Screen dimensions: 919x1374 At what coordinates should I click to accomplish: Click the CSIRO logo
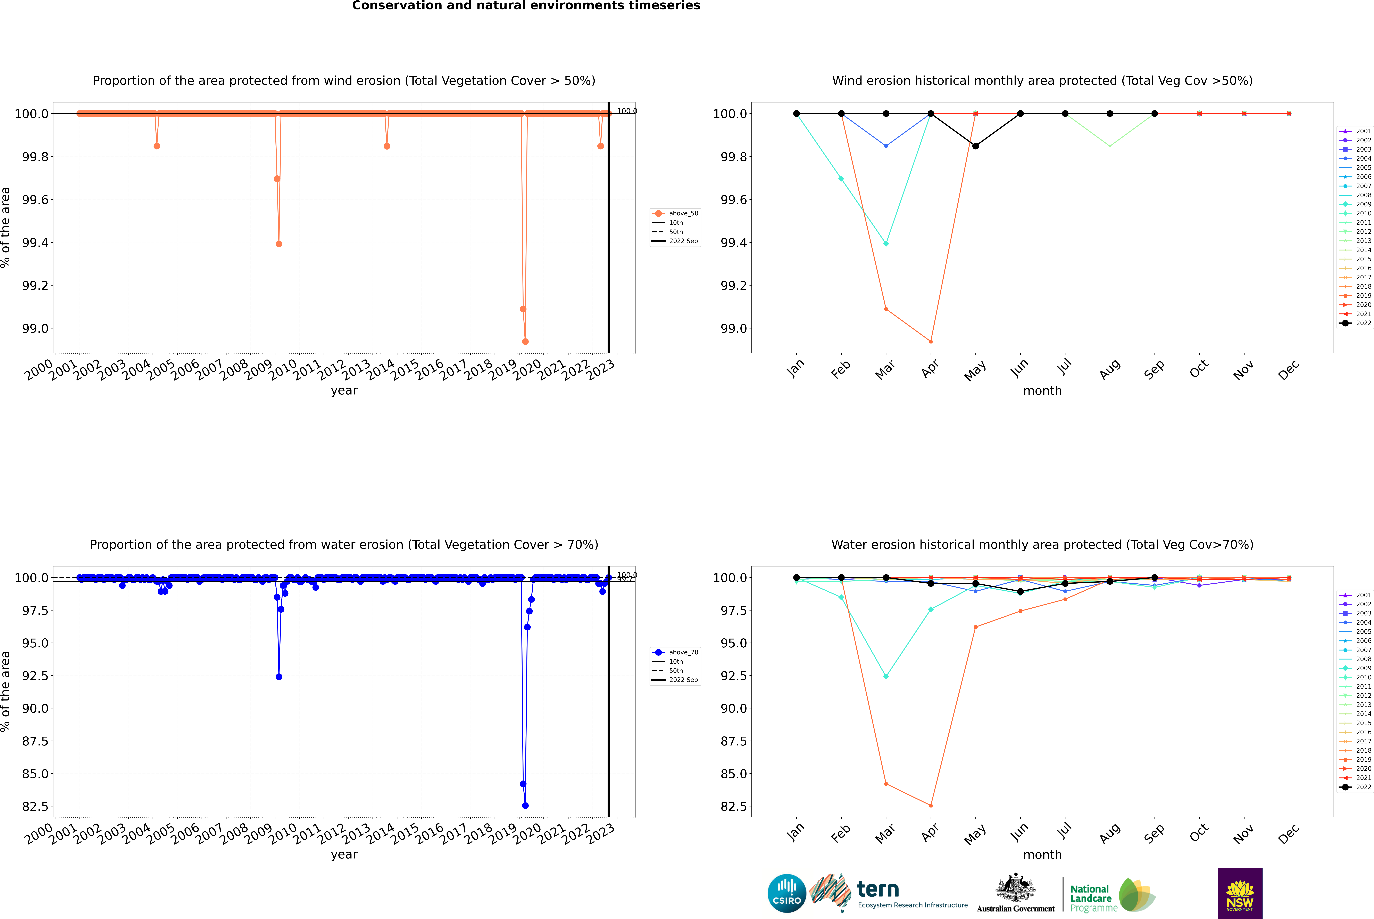pos(787,893)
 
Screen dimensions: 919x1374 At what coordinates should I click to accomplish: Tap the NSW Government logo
pos(1240,893)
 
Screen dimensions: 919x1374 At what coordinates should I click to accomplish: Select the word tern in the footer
pos(877,889)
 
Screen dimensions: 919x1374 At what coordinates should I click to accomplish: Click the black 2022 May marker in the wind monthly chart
pos(975,146)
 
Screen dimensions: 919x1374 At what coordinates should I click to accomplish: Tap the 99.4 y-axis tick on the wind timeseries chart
pos(35,243)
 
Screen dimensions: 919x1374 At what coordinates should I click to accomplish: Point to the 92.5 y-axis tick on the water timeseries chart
pos(35,676)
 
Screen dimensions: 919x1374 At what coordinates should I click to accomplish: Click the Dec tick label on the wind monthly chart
pos(1289,370)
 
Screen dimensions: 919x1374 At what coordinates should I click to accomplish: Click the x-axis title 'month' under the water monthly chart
pos(1042,855)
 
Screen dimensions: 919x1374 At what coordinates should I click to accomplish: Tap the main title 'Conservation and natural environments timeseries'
pos(526,6)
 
